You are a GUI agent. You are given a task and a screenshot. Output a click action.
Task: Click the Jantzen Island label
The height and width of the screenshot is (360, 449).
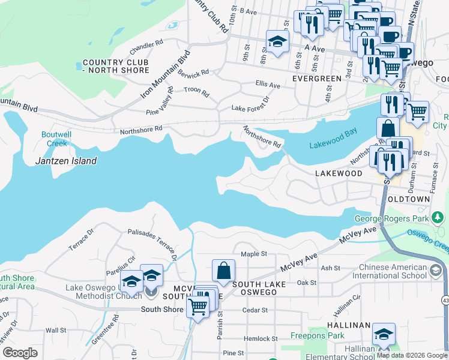(65, 161)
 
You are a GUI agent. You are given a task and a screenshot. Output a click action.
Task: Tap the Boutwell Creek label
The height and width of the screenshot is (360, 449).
(54, 139)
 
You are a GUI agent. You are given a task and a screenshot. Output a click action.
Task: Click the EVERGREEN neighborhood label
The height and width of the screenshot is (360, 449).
(317, 79)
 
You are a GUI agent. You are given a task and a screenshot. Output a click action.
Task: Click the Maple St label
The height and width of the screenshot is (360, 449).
(253, 254)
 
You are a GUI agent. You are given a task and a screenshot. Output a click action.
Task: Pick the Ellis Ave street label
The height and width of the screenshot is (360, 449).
(268, 85)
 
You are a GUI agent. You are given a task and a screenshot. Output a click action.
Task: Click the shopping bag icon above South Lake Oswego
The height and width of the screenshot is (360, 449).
(223, 271)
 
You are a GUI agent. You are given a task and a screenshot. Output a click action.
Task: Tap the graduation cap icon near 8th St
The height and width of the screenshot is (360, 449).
(277, 42)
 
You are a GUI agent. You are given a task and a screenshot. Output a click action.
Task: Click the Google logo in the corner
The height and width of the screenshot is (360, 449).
(20, 353)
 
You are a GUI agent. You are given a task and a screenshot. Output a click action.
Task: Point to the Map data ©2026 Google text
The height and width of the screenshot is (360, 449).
(412, 355)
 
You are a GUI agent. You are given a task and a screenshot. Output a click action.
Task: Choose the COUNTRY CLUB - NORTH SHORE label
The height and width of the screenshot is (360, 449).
(116, 67)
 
